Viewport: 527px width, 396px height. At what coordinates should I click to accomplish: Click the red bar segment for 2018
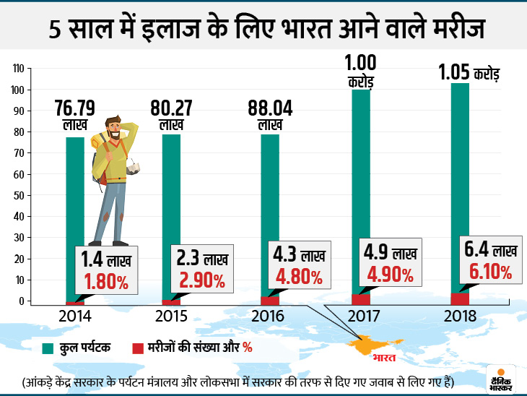459,298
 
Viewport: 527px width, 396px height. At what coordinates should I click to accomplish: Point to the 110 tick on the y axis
19,69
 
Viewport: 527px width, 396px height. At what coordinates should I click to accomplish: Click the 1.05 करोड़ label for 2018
470,73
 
